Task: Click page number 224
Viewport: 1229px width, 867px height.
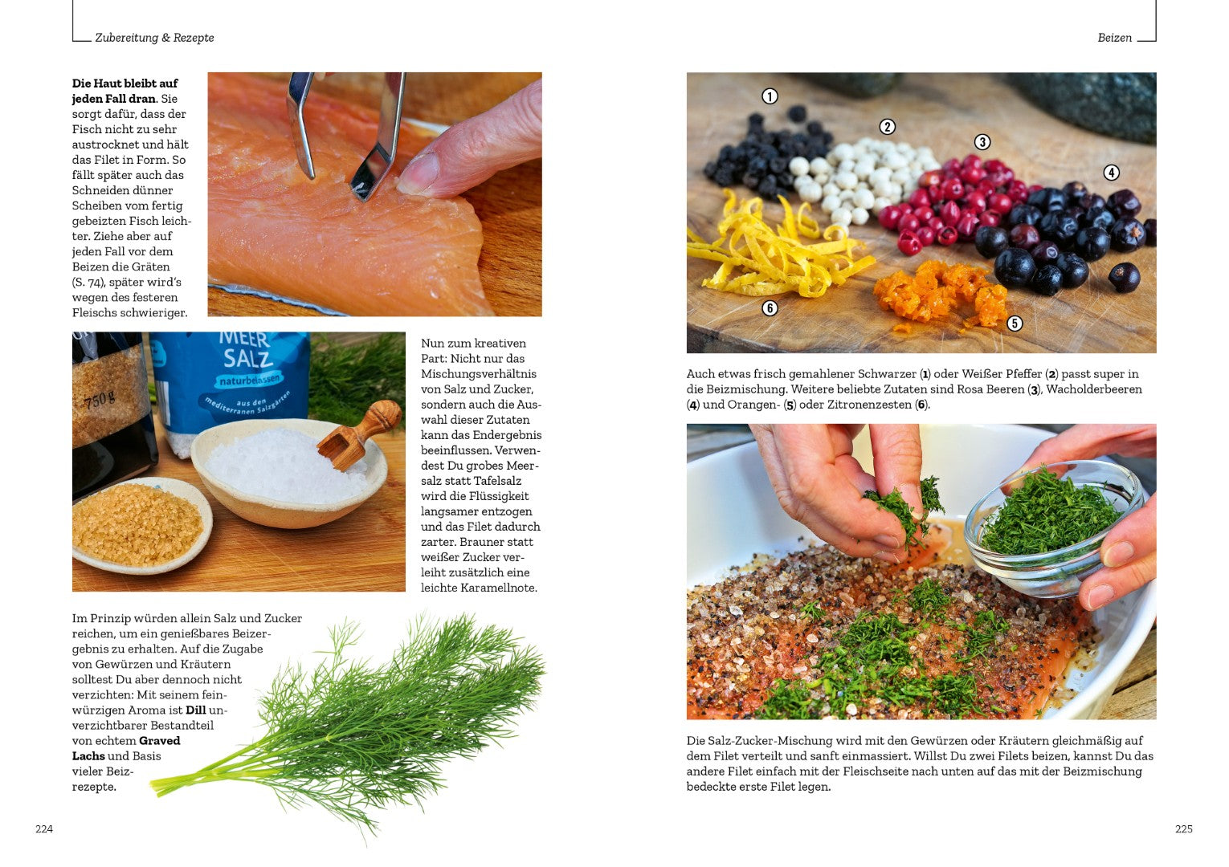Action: pyautogui.click(x=44, y=828)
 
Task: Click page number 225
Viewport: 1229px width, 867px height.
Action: pyautogui.click(x=1183, y=828)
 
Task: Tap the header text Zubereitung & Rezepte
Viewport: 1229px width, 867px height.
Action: pyautogui.click(x=154, y=38)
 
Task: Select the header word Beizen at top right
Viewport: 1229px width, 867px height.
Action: pyautogui.click(x=1114, y=38)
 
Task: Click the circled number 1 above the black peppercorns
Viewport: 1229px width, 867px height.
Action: pyautogui.click(x=770, y=96)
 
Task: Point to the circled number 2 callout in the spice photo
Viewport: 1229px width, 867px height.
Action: pyautogui.click(x=887, y=127)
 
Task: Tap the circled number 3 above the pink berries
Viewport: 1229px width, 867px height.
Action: pyautogui.click(x=982, y=143)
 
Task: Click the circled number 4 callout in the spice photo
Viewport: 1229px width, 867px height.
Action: pyautogui.click(x=1111, y=173)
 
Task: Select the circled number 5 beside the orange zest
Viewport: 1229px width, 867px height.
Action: pyautogui.click(x=1015, y=324)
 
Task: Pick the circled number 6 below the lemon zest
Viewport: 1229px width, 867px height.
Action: pyautogui.click(x=770, y=308)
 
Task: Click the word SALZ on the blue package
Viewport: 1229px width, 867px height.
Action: pyautogui.click(x=248, y=359)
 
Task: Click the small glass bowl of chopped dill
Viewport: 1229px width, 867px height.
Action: pyautogui.click(x=1053, y=527)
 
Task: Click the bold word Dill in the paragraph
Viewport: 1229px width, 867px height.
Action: pyautogui.click(x=196, y=710)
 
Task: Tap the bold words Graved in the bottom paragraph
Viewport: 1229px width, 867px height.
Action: pyautogui.click(x=160, y=740)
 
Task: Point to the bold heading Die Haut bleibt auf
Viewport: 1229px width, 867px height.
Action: pyautogui.click(x=125, y=83)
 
